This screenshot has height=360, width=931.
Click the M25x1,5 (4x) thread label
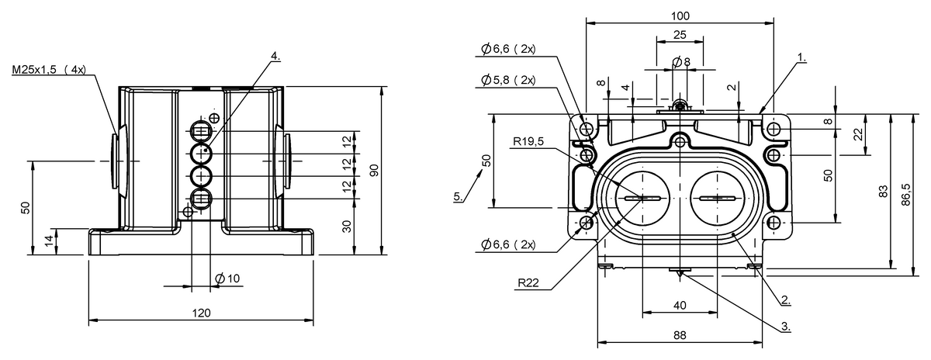48,70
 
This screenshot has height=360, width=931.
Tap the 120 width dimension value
201,313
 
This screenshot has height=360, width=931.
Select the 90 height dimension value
374,171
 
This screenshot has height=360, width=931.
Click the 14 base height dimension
50,242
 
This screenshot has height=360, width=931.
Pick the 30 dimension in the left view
347,226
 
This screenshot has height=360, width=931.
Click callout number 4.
275,57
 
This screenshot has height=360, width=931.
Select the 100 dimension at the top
680,16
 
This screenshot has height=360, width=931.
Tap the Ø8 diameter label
682,61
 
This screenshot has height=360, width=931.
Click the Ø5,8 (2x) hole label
508,80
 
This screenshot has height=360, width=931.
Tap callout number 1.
801,57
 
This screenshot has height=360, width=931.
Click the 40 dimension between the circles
680,306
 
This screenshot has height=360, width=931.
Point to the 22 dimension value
859,133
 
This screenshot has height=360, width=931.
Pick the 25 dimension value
680,35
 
